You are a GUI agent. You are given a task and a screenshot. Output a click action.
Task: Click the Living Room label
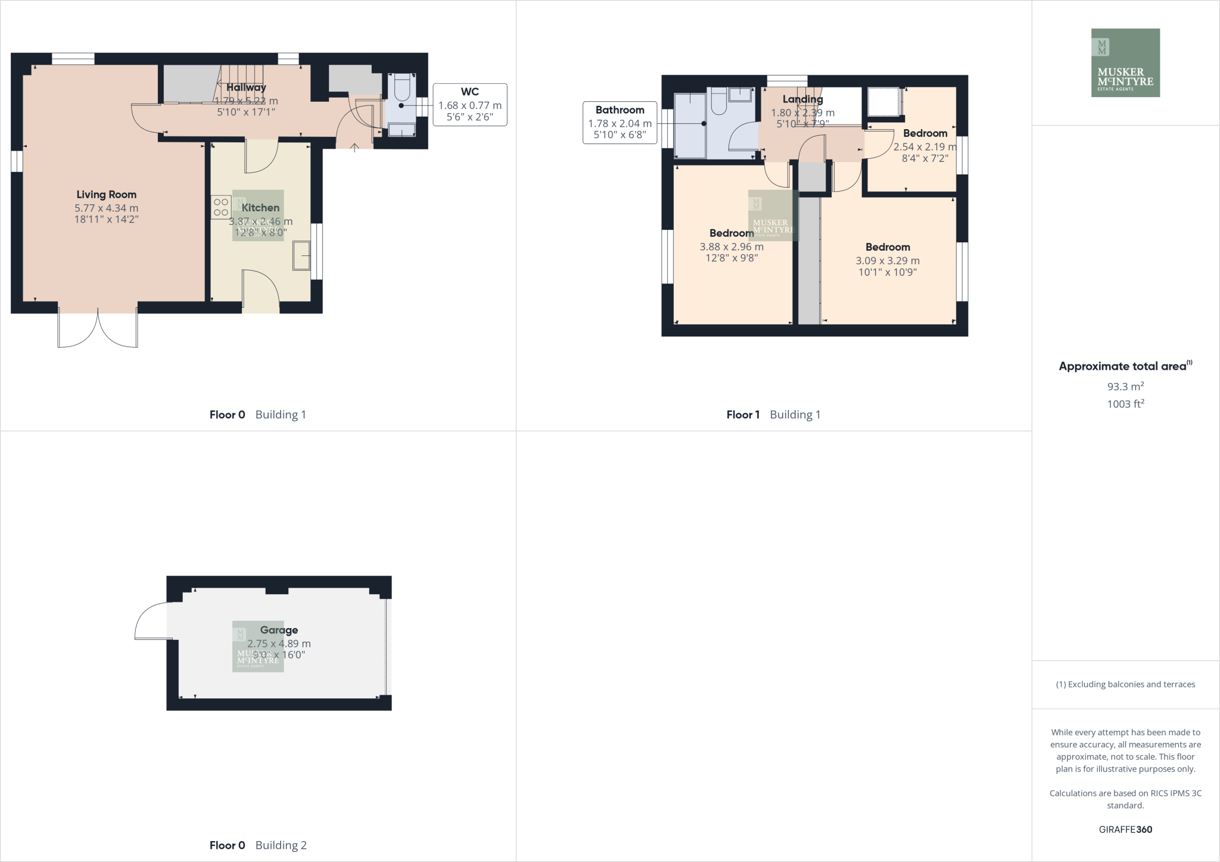[106, 195]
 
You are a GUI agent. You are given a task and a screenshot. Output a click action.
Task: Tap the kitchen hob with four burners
[221, 207]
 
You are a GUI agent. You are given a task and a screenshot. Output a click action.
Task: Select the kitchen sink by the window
[301, 256]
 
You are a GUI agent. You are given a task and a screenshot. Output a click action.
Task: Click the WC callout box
[470, 104]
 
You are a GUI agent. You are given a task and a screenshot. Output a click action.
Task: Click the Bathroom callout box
[620, 123]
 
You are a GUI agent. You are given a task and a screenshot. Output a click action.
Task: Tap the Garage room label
[279, 630]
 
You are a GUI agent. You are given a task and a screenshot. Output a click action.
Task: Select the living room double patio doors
[98, 327]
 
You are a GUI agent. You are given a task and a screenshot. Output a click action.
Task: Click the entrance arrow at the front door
[354, 146]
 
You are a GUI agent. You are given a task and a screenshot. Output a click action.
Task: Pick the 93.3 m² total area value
[1125, 386]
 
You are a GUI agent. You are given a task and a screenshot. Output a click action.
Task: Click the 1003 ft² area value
[1125, 404]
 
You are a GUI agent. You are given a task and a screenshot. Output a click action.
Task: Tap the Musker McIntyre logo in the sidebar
[1125, 63]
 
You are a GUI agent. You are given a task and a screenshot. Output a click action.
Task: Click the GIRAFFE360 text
[1125, 829]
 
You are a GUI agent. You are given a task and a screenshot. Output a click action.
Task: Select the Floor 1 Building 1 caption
[773, 415]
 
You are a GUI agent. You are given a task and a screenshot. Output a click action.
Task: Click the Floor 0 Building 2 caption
[258, 845]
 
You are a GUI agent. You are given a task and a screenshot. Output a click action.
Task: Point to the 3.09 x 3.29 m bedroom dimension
[888, 261]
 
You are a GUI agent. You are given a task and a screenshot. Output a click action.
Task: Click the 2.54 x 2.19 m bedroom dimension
[925, 147]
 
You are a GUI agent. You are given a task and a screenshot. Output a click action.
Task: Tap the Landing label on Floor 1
[802, 99]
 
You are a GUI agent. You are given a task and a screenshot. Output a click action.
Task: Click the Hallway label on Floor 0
[246, 88]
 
